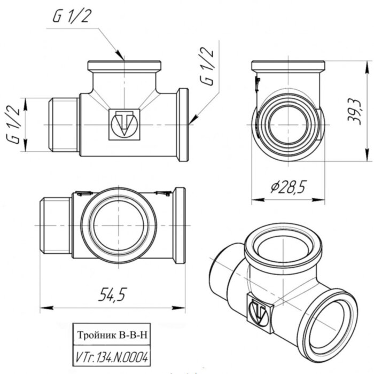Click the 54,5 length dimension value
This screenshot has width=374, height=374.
pyautogui.click(x=112, y=294)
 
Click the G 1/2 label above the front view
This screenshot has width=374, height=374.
pyautogui.click(x=72, y=17)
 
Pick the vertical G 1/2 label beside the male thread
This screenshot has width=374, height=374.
pyautogui.click(x=14, y=124)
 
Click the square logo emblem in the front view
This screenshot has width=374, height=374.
pyautogui.click(x=124, y=124)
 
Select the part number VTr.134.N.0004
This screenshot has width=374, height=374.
pyautogui.click(x=111, y=356)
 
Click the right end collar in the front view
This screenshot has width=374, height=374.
pyautogui.click(x=183, y=124)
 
